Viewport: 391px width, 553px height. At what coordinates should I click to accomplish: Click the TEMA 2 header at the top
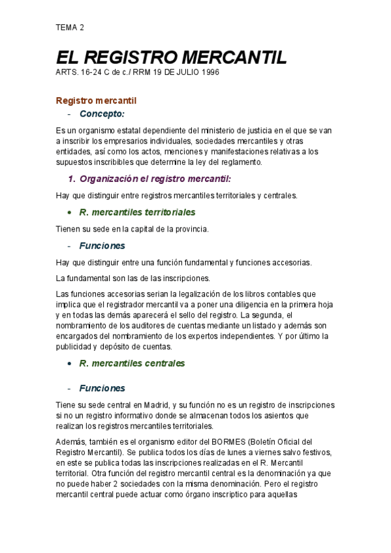70,27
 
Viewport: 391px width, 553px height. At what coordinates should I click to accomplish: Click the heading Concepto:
102,114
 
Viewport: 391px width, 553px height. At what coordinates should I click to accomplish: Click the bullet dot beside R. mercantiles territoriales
69,213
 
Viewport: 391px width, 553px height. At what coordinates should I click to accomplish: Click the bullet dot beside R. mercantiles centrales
69,364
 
